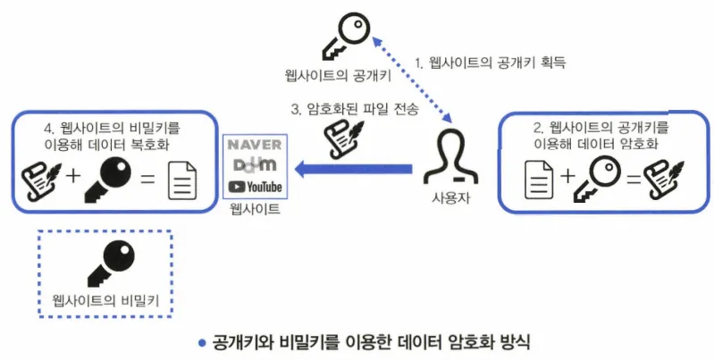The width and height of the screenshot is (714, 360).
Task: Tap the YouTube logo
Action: coord(255,187)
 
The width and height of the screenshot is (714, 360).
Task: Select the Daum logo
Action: coord(255,166)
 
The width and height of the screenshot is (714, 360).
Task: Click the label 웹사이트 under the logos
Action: coord(255,210)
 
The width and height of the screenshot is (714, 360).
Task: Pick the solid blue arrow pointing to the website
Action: coord(353,167)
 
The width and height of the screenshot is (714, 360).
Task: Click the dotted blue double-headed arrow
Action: coord(408,75)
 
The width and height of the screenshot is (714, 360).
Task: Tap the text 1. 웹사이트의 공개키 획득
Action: coord(491,63)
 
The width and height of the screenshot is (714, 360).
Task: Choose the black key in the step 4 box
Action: coord(108,176)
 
